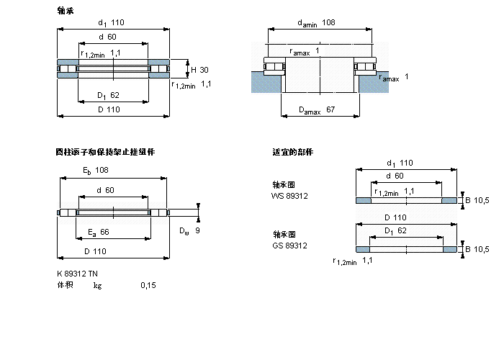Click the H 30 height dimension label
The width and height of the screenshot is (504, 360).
[199, 70]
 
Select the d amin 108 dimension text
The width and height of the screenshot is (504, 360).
[317, 23]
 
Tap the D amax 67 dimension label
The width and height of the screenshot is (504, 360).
[318, 109]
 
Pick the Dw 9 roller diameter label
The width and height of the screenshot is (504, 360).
[189, 230]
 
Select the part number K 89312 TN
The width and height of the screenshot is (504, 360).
[77, 274]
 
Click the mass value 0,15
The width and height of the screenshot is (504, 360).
[148, 286]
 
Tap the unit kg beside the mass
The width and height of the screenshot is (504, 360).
[97, 286]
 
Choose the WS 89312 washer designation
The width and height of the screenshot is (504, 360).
[289, 195]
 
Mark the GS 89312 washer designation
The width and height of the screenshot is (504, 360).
[289, 246]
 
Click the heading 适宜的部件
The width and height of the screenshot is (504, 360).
[292, 152]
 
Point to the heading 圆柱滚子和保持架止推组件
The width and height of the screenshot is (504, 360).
[105, 152]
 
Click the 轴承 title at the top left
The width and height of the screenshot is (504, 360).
[65, 10]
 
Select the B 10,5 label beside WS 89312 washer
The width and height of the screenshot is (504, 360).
[477, 199]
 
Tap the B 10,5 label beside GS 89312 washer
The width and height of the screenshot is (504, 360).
[477, 249]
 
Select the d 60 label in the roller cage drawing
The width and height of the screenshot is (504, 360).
[105, 190]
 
